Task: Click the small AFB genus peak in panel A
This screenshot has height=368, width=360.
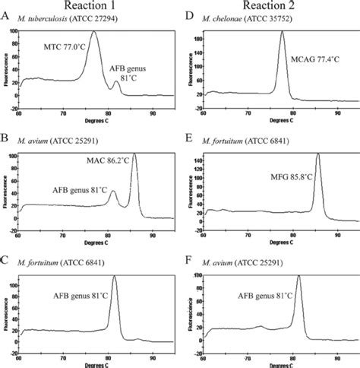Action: click(x=115, y=82)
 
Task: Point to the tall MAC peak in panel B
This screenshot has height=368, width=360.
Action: click(x=134, y=154)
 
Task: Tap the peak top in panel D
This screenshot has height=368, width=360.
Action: click(x=282, y=32)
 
